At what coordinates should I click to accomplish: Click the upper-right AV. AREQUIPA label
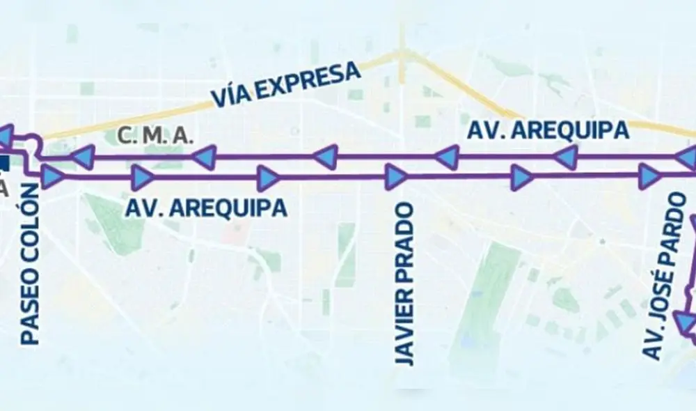click(548, 130)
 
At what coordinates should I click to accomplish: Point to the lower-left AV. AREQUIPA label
click(206, 208)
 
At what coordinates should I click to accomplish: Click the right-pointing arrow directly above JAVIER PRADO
click(395, 176)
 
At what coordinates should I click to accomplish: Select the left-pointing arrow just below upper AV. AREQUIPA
click(566, 159)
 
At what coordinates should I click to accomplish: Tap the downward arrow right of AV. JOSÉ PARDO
click(687, 323)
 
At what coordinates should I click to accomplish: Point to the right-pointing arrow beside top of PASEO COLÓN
click(52, 177)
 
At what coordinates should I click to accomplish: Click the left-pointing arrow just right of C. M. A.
click(205, 157)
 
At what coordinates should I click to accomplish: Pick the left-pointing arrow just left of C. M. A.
click(83, 157)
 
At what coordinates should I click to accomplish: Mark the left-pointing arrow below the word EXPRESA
click(326, 158)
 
